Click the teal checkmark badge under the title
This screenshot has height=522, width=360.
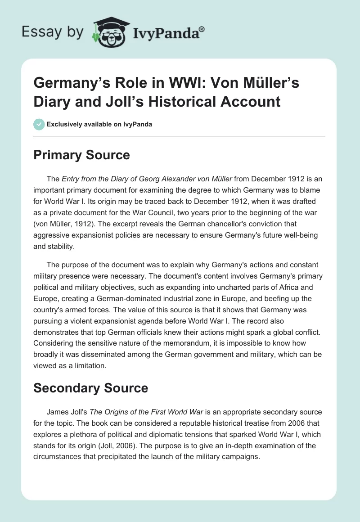tap(38, 124)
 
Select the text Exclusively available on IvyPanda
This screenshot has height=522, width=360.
tap(99, 124)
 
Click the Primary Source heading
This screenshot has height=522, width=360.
tap(81, 155)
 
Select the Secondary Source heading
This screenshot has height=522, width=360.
tap(90, 387)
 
